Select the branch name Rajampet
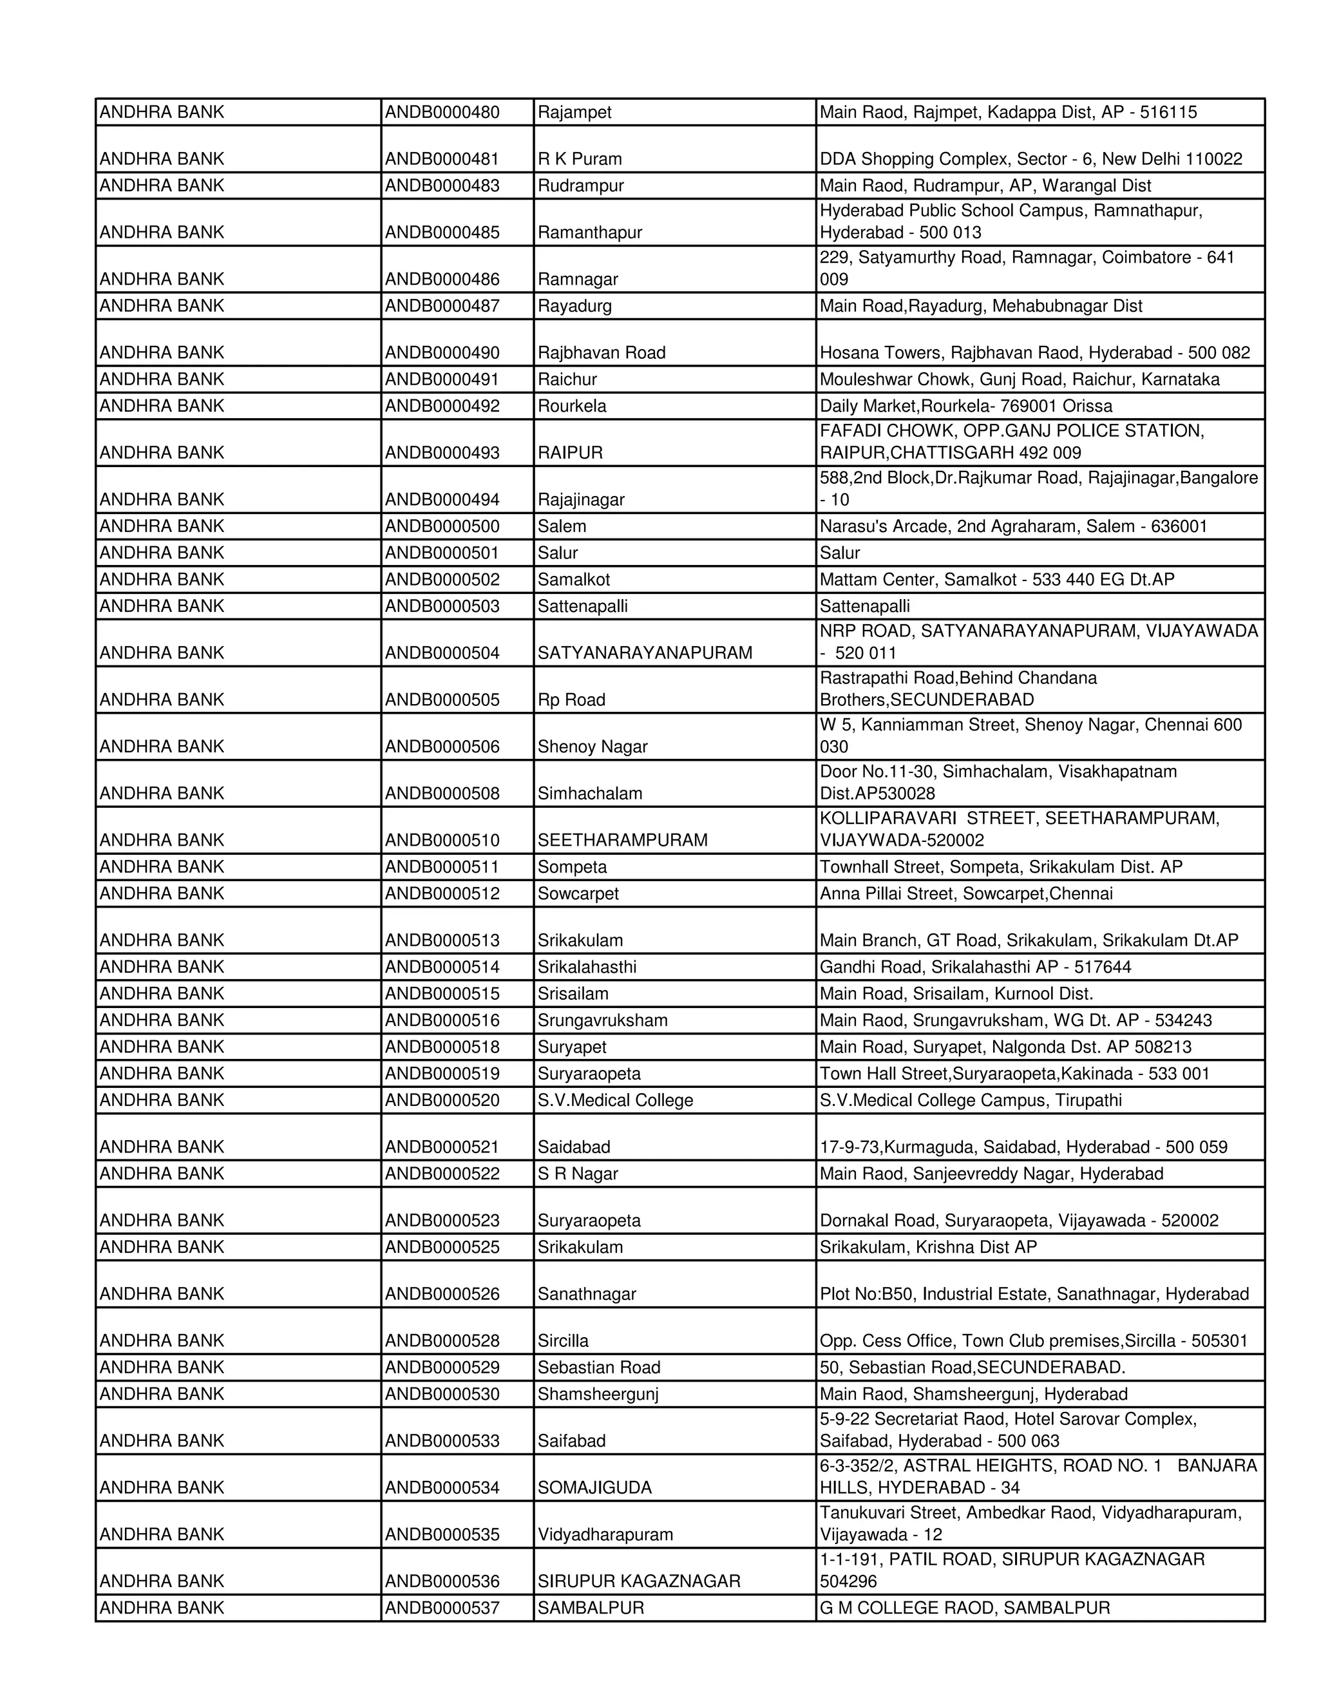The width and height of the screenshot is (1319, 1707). tap(574, 113)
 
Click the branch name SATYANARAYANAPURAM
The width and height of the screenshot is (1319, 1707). tap(645, 653)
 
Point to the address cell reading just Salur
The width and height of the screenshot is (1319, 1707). tap(839, 553)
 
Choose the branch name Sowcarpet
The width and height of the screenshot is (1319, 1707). tap(578, 893)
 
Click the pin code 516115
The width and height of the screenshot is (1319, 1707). tap(1168, 113)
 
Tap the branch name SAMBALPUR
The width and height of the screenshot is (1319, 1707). tap(590, 1608)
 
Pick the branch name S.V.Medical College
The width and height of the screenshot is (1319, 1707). tap(615, 1100)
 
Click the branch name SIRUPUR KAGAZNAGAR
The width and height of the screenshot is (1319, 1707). tap(638, 1581)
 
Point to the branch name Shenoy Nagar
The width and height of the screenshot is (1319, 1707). tap(593, 747)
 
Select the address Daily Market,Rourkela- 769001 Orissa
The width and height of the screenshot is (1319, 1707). tap(966, 406)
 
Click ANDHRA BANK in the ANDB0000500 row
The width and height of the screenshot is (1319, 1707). tap(162, 526)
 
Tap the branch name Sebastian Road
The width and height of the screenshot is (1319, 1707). tap(598, 1367)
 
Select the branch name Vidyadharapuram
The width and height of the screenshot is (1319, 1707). tap(605, 1534)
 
